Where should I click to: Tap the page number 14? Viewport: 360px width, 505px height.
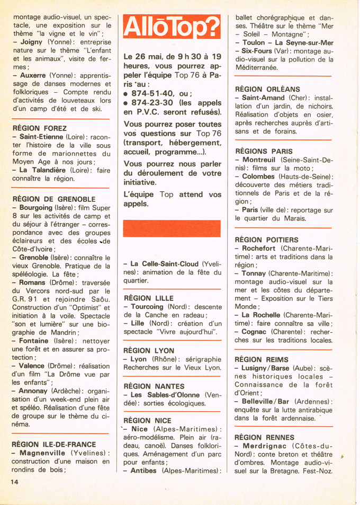pos(14,482)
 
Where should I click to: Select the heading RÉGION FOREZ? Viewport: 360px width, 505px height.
pos(39,128)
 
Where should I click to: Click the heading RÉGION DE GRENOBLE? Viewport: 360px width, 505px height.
pos(53,199)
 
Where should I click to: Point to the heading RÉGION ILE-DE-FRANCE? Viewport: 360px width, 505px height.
pos(54,444)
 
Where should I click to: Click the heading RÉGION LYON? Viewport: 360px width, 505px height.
pos(148,350)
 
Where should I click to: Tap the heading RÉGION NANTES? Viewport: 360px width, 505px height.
pos(154,386)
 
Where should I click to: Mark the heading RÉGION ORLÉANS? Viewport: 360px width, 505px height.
pos(267,89)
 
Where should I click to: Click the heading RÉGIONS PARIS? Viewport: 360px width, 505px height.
pos(263,151)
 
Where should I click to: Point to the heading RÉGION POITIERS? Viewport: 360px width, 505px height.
pos(266,240)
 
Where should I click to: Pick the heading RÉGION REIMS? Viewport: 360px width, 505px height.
pos(261,359)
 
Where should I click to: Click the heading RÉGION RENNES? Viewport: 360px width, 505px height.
pos(264,437)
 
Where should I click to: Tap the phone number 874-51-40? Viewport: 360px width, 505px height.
pos(154,93)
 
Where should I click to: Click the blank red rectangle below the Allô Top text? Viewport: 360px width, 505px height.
pos(172,228)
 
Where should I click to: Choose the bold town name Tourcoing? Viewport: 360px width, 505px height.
pos(147,307)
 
